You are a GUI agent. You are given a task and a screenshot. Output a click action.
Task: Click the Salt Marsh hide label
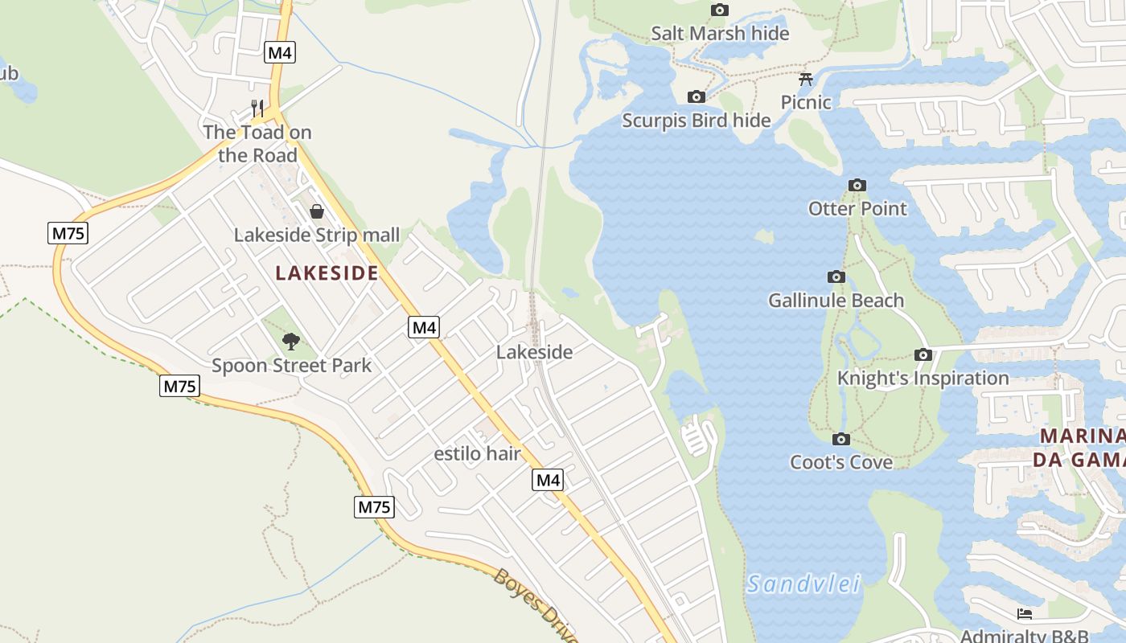(x=720, y=33)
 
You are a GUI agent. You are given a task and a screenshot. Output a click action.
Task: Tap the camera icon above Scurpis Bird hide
(x=697, y=97)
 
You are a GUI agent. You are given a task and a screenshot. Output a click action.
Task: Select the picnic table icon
(x=806, y=79)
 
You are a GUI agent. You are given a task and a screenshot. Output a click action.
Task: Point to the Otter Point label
(x=857, y=209)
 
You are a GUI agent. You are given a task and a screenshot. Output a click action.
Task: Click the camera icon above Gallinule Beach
(x=836, y=277)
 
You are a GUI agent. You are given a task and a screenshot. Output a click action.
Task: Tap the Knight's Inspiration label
(x=923, y=378)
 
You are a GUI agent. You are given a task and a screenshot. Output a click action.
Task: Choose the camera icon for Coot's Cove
(x=841, y=440)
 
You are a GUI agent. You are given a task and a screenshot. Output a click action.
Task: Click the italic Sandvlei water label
(x=803, y=584)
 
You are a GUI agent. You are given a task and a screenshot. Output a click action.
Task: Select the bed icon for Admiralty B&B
(x=1024, y=614)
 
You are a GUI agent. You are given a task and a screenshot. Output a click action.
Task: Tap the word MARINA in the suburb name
(x=1083, y=436)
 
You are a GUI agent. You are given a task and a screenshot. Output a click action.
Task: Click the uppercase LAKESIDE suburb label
(x=327, y=273)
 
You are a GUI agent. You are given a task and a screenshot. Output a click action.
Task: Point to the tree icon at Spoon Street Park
(x=291, y=342)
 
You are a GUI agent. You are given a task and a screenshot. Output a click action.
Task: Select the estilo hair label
(x=477, y=454)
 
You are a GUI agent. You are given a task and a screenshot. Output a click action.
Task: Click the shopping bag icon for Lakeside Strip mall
(x=317, y=211)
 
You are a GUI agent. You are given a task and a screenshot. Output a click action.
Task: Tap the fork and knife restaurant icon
(x=257, y=108)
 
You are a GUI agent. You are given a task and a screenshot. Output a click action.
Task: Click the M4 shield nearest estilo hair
(x=548, y=481)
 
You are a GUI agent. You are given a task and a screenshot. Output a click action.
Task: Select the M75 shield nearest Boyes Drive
(x=374, y=507)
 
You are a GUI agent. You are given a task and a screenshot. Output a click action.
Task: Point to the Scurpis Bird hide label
(x=697, y=121)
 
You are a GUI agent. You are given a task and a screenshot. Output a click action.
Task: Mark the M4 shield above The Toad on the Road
(x=280, y=53)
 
